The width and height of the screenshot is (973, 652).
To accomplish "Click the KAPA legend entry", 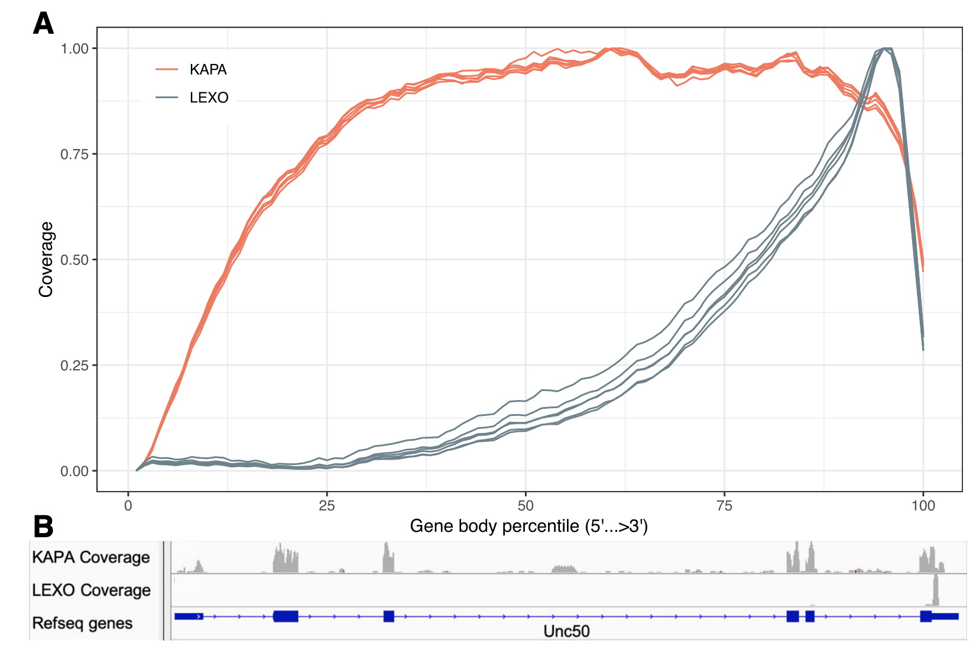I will (207, 70).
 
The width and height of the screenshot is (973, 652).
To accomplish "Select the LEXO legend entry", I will (208, 98).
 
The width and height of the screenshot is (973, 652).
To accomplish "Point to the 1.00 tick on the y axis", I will (74, 49).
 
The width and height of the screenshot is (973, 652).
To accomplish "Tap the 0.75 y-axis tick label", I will (74, 154).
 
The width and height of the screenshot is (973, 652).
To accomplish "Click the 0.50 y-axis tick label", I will (74, 260).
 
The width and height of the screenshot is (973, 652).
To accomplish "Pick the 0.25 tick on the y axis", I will (74, 366).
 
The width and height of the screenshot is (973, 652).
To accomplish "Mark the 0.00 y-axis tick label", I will (74, 472).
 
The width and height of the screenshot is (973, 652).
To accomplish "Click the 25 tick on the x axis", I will (326, 506).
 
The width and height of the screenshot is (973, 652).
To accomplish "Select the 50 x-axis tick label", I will (525, 506).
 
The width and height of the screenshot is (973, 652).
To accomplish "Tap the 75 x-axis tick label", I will (724, 506).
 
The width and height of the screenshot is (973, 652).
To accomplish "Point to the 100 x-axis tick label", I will (923, 506).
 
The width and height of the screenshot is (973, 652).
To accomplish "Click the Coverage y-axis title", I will (46, 259).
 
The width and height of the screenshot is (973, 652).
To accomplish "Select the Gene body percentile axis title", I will (528, 526).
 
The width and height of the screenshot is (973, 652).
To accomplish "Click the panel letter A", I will (43, 24).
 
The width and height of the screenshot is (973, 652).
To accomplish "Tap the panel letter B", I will (43, 527).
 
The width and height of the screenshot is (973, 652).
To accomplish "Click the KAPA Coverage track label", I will (91, 557).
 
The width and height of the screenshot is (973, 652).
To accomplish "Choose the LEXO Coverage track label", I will (91, 590).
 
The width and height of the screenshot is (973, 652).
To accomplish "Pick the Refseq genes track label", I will (82, 623).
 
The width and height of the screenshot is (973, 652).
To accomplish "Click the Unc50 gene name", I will (566, 631).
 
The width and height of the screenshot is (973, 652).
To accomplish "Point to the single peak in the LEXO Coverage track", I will (935, 590).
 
